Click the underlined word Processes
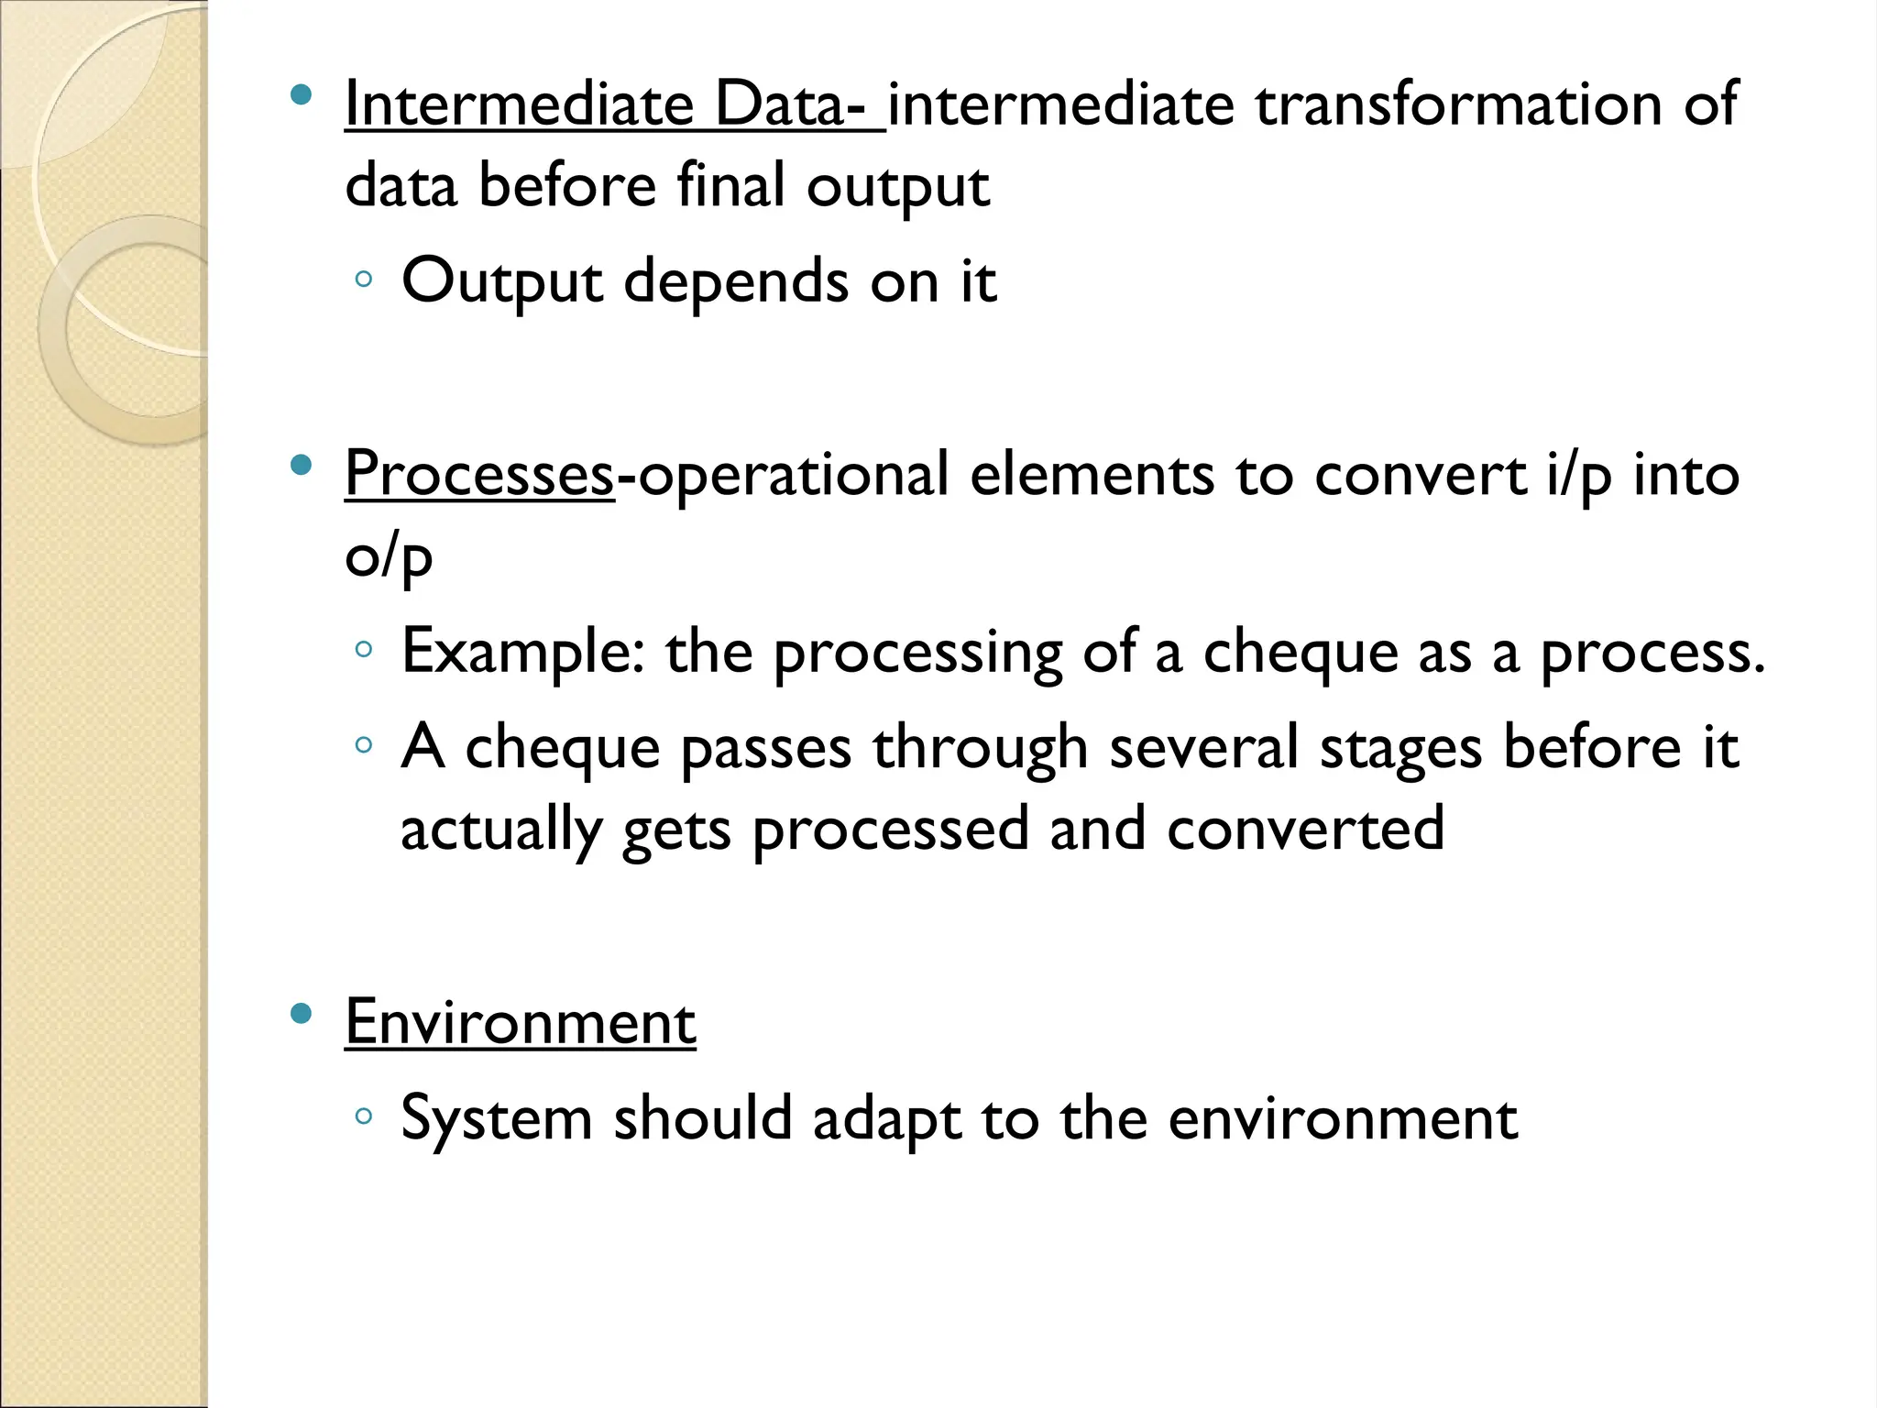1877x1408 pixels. pyautogui.click(x=478, y=475)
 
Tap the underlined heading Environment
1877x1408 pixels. pyautogui.click(x=520, y=1022)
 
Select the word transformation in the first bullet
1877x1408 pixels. pyautogui.click(x=1458, y=104)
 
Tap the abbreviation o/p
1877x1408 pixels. pyautogui.click(x=389, y=555)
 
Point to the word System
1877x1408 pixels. pyautogui.click(x=497, y=1118)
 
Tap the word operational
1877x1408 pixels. pyautogui.click(x=793, y=475)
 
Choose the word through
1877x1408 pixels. pyautogui.click(x=980, y=747)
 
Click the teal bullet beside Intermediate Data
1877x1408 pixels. pyautogui.click(x=300, y=94)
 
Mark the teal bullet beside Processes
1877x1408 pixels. pyautogui.click(x=300, y=466)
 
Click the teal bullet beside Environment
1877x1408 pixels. pyautogui.click(x=300, y=1013)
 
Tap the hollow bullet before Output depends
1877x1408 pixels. pyautogui.click(x=364, y=279)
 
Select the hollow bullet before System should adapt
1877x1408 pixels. pyautogui.click(x=364, y=1116)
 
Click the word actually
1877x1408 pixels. pyautogui.click(x=500, y=828)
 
